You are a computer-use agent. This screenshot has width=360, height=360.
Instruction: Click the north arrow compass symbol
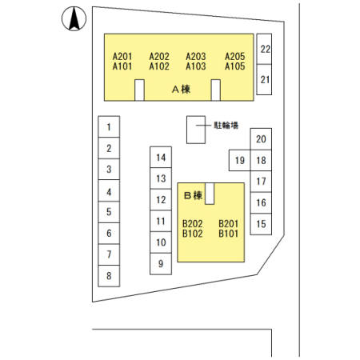pos(74,18)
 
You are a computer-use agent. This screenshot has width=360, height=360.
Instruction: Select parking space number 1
pos(109,126)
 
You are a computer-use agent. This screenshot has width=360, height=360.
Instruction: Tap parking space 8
pos(109,276)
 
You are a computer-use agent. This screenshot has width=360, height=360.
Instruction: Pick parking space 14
pos(161,158)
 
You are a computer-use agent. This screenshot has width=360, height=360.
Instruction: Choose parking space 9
pos(161,264)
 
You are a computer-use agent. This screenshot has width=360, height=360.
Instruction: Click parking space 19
pos(240,160)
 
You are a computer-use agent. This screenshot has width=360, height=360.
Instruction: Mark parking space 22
pos(264,49)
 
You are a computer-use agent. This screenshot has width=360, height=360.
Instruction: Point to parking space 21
pos(264,79)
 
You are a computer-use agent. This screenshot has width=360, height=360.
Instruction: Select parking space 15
pos(261,224)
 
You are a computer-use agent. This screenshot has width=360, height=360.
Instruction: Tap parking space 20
pos(261,139)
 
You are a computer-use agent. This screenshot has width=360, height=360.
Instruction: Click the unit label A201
pos(122,57)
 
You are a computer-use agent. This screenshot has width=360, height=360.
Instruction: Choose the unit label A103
pos(196,66)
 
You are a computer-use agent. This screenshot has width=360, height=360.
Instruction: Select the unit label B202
pos(193,223)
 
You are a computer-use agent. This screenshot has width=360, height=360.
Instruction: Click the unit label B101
pos(228,234)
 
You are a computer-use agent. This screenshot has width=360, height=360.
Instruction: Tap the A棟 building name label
pos(182,90)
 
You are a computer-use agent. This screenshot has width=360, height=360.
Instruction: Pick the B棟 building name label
pos(194,195)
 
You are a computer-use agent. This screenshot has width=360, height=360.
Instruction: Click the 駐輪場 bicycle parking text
pos(226,125)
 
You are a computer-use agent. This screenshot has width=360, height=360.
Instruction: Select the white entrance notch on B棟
pos(210,194)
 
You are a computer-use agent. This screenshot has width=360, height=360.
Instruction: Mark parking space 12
pos(161,200)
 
